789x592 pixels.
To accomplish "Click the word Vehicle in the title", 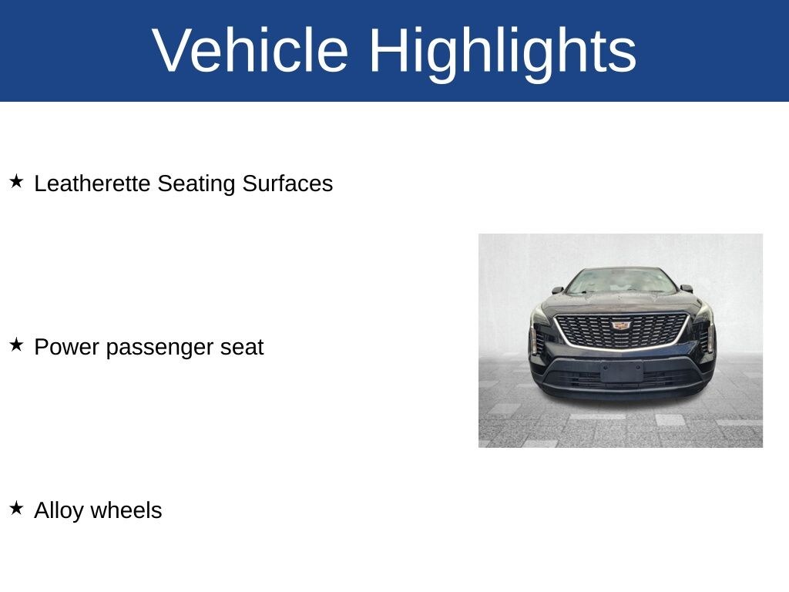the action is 250,50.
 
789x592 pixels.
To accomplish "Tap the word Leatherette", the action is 92,183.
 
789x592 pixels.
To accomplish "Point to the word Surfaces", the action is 287,183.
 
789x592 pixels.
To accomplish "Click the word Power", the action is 66,347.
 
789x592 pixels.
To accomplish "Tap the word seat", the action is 242,348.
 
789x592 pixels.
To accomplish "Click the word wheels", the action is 126,510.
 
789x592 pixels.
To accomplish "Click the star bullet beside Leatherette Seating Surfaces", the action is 17,181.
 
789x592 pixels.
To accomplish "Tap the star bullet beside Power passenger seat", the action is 17,345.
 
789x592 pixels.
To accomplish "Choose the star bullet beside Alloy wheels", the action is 17,508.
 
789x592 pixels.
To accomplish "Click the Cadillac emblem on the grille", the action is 622,325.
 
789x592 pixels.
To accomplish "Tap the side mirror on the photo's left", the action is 557,290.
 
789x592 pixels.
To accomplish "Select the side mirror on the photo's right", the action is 687,288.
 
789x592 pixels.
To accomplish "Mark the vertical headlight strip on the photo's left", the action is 533,340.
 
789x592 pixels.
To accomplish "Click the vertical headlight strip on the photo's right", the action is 710,338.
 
